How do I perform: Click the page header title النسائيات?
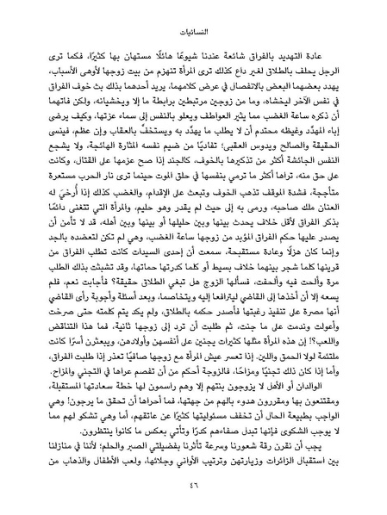193,27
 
